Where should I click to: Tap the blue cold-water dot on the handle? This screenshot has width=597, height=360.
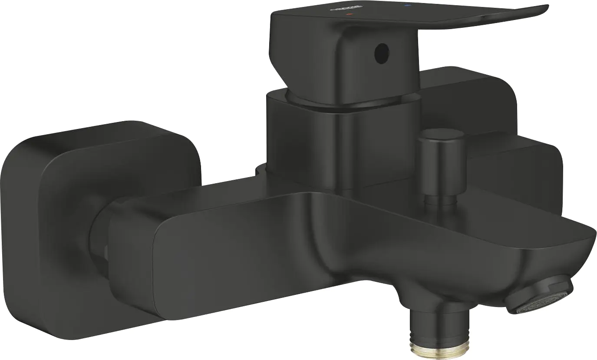(407, 6)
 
